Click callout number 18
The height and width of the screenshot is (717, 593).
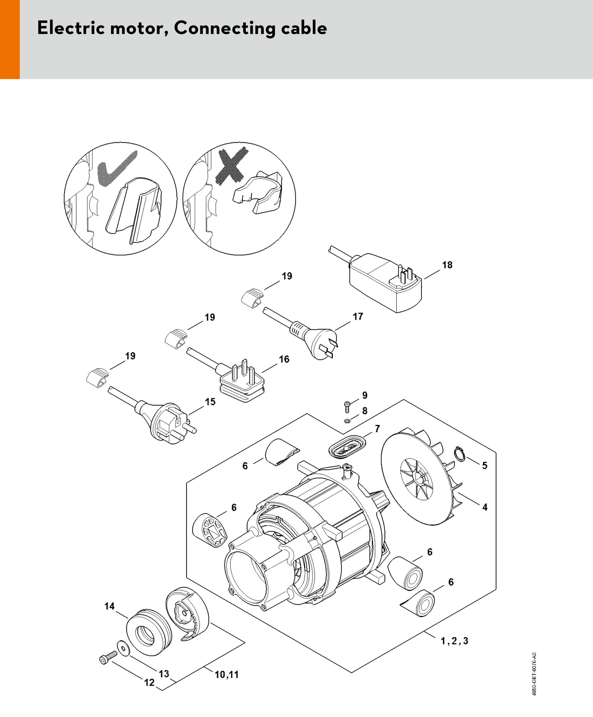coord(447,265)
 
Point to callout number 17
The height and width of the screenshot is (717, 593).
coord(358,316)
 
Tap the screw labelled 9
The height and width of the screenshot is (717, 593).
coord(347,406)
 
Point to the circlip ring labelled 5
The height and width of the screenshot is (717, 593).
coord(460,455)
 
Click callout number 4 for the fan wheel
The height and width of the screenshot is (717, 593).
coord(485,517)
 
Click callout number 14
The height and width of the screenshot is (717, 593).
coord(109,606)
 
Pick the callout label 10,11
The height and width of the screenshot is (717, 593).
coord(226,674)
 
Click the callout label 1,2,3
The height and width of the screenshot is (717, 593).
coord(454,641)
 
